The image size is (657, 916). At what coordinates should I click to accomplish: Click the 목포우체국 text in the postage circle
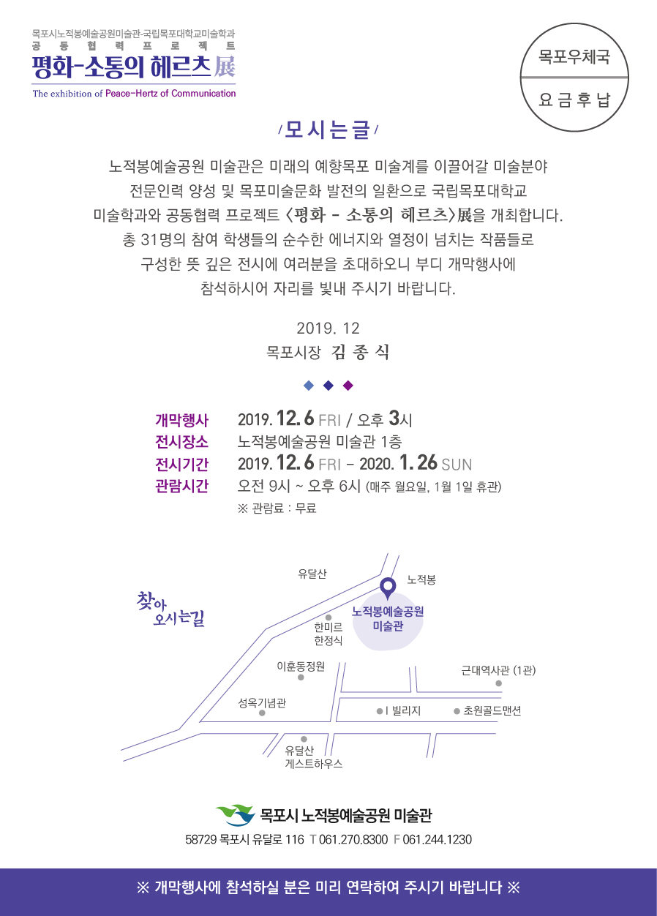coord(574,56)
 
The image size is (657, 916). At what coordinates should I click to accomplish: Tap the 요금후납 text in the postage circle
coord(574,100)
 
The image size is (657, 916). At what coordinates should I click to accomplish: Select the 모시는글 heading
coord(328,130)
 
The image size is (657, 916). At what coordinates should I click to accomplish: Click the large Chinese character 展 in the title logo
coord(225,67)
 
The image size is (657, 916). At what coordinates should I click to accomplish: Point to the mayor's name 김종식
coord(360,352)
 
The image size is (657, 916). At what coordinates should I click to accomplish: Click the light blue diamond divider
coord(309,386)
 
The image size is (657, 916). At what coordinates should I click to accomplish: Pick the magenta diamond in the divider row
coord(348,386)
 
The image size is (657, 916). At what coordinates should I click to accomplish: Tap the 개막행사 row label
coord(181,421)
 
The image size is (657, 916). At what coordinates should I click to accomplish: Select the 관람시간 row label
coord(181,486)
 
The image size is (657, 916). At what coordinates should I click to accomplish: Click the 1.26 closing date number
coord(418,463)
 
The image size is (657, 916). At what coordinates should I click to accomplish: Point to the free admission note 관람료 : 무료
coord(277,508)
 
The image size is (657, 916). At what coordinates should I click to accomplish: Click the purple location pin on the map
coord(388,588)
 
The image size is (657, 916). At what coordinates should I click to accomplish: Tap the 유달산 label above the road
coord(312,574)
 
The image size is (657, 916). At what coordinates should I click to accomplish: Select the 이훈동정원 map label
coord(301,666)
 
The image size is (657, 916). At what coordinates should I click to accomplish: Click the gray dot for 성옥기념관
coord(262,713)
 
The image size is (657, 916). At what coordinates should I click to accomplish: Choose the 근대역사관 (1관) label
coord(498,670)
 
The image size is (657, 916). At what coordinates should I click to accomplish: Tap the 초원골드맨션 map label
coord(492,710)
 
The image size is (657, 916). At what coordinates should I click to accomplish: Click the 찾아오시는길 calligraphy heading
coord(170,609)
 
